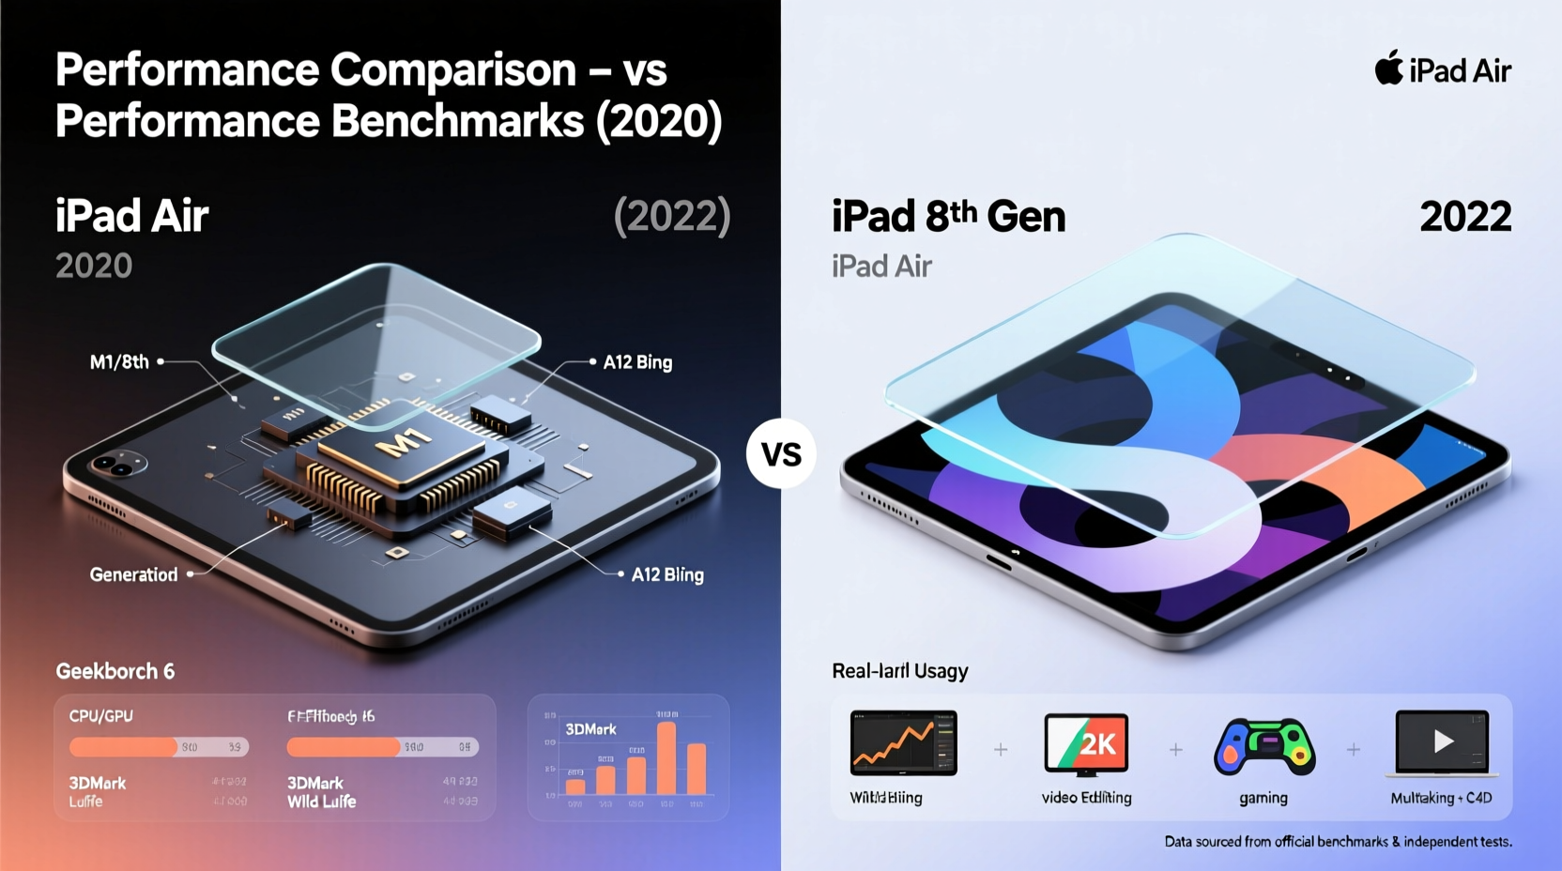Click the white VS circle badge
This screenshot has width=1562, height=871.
point(781,454)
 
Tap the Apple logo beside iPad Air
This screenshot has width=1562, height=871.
point(1388,68)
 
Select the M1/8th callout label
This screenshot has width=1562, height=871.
point(119,362)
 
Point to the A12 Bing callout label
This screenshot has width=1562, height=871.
point(637,362)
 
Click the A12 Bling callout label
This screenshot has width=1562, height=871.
point(667,574)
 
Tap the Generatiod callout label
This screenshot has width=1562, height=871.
point(133,574)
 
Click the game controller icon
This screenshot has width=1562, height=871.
point(1263,746)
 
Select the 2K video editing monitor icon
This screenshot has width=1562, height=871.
point(1086,744)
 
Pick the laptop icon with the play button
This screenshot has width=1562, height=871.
point(1443,743)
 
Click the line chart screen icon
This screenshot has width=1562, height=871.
point(903,742)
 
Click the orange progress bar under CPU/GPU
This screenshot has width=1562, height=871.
point(124,747)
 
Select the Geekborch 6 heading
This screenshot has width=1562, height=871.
point(115,671)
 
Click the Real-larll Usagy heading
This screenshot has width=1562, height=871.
point(899,671)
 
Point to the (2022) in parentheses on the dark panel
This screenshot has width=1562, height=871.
point(671,217)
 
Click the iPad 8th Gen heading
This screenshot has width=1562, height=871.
point(948,217)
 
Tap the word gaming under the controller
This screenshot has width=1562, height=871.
point(1263,798)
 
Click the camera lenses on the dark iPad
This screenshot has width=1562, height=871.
point(116,464)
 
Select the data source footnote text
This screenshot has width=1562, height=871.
point(1338,842)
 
